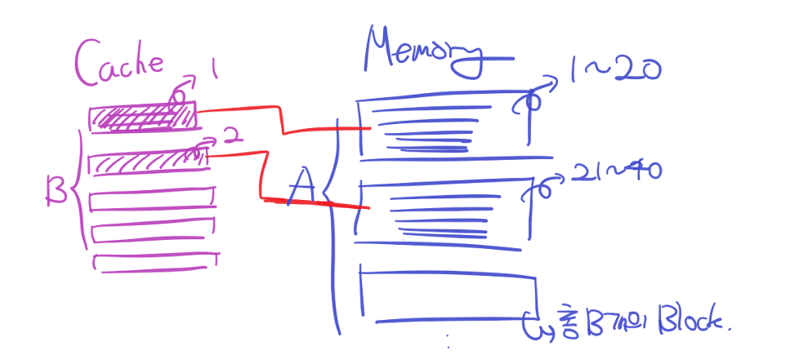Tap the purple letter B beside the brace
click(x=55, y=193)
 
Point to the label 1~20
click(x=609, y=73)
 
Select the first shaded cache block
click(x=144, y=118)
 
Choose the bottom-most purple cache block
click(x=155, y=262)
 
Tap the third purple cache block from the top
click(x=152, y=198)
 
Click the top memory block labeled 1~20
click(x=446, y=129)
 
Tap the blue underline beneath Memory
click(x=490, y=60)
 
